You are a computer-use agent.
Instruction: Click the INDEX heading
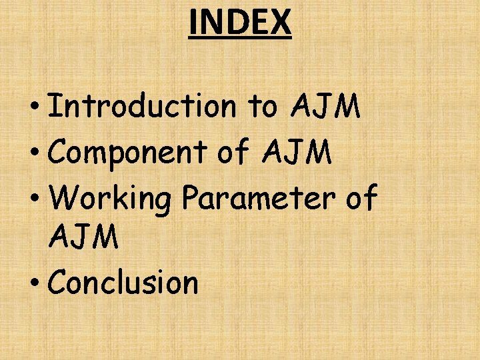(240, 21)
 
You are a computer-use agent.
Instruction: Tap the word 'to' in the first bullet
(263, 107)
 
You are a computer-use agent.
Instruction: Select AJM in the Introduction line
(326, 107)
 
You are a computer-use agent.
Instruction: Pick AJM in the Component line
(297, 153)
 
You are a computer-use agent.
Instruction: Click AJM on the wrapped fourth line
(84, 237)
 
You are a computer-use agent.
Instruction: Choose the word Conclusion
(124, 283)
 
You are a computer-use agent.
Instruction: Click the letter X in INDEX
(281, 21)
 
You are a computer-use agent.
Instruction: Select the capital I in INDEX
(193, 21)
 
